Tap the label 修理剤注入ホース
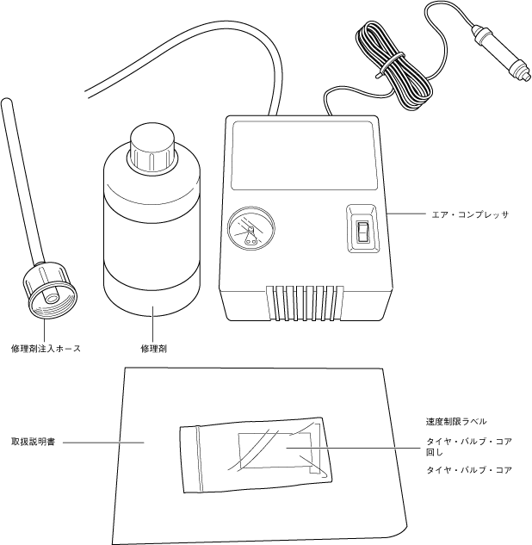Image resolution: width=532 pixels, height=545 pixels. tap(46, 349)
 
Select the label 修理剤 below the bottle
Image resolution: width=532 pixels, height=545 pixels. tap(153, 349)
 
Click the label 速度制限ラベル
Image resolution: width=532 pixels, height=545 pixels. tap(456, 422)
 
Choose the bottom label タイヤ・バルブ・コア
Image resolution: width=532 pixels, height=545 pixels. tap(469, 470)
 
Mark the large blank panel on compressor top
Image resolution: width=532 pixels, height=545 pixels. tap(303, 157)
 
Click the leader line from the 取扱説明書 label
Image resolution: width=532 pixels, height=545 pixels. tap(102, 443)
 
